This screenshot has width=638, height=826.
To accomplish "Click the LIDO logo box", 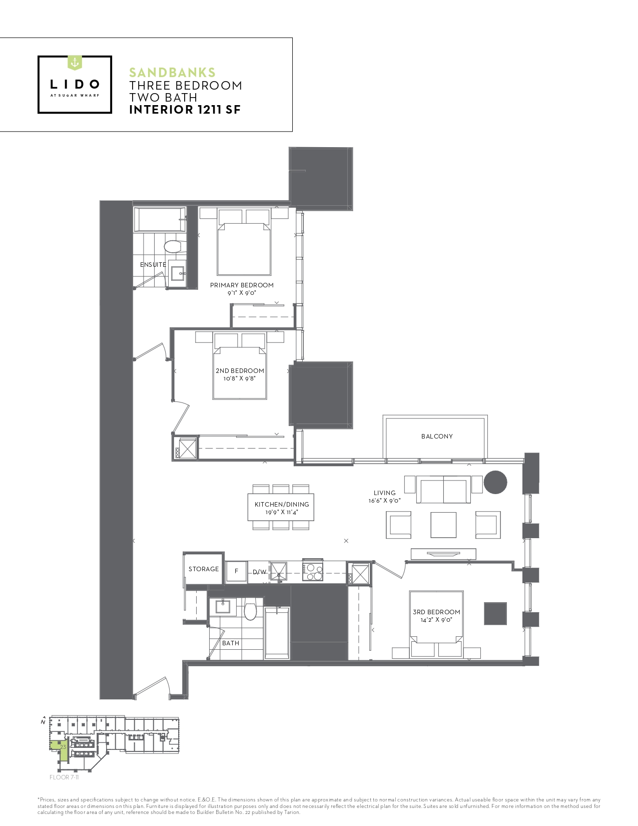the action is [x=75, y=85].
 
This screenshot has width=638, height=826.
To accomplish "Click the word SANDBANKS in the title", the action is [x=172, y=72].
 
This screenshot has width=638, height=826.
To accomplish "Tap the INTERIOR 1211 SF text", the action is [x=185, y=110].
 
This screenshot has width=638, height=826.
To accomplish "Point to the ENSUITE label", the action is [x=153, y=264].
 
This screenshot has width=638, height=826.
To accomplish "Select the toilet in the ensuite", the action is [x=175, y=246].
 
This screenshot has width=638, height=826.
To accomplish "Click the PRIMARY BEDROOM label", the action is [x=242, y=285].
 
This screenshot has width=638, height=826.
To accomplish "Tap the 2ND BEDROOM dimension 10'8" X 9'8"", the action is [x=239, y=378].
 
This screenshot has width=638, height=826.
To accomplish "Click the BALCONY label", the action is [x=437, y=437].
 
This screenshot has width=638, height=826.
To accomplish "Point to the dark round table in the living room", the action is [x=495, y=482].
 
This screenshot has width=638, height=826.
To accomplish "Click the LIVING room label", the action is [x=384, y=493].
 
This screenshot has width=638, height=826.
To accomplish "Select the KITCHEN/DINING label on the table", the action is [x=282, y=505].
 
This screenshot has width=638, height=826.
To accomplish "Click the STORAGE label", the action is [x=204, y=569].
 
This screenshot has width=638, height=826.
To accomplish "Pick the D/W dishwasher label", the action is [x=260, y=572].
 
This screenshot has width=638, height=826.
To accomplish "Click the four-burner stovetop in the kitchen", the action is [x=312, y=571].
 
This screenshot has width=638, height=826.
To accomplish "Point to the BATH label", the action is [x=231, y=643].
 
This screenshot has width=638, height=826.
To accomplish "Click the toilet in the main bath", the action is [x=250, y=609].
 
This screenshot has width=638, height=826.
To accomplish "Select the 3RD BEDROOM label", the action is [x=437, y=612].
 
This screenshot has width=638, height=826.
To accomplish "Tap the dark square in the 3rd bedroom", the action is [x=495, y=614].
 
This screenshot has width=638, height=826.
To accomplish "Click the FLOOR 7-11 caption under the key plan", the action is [x=64, y=777].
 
